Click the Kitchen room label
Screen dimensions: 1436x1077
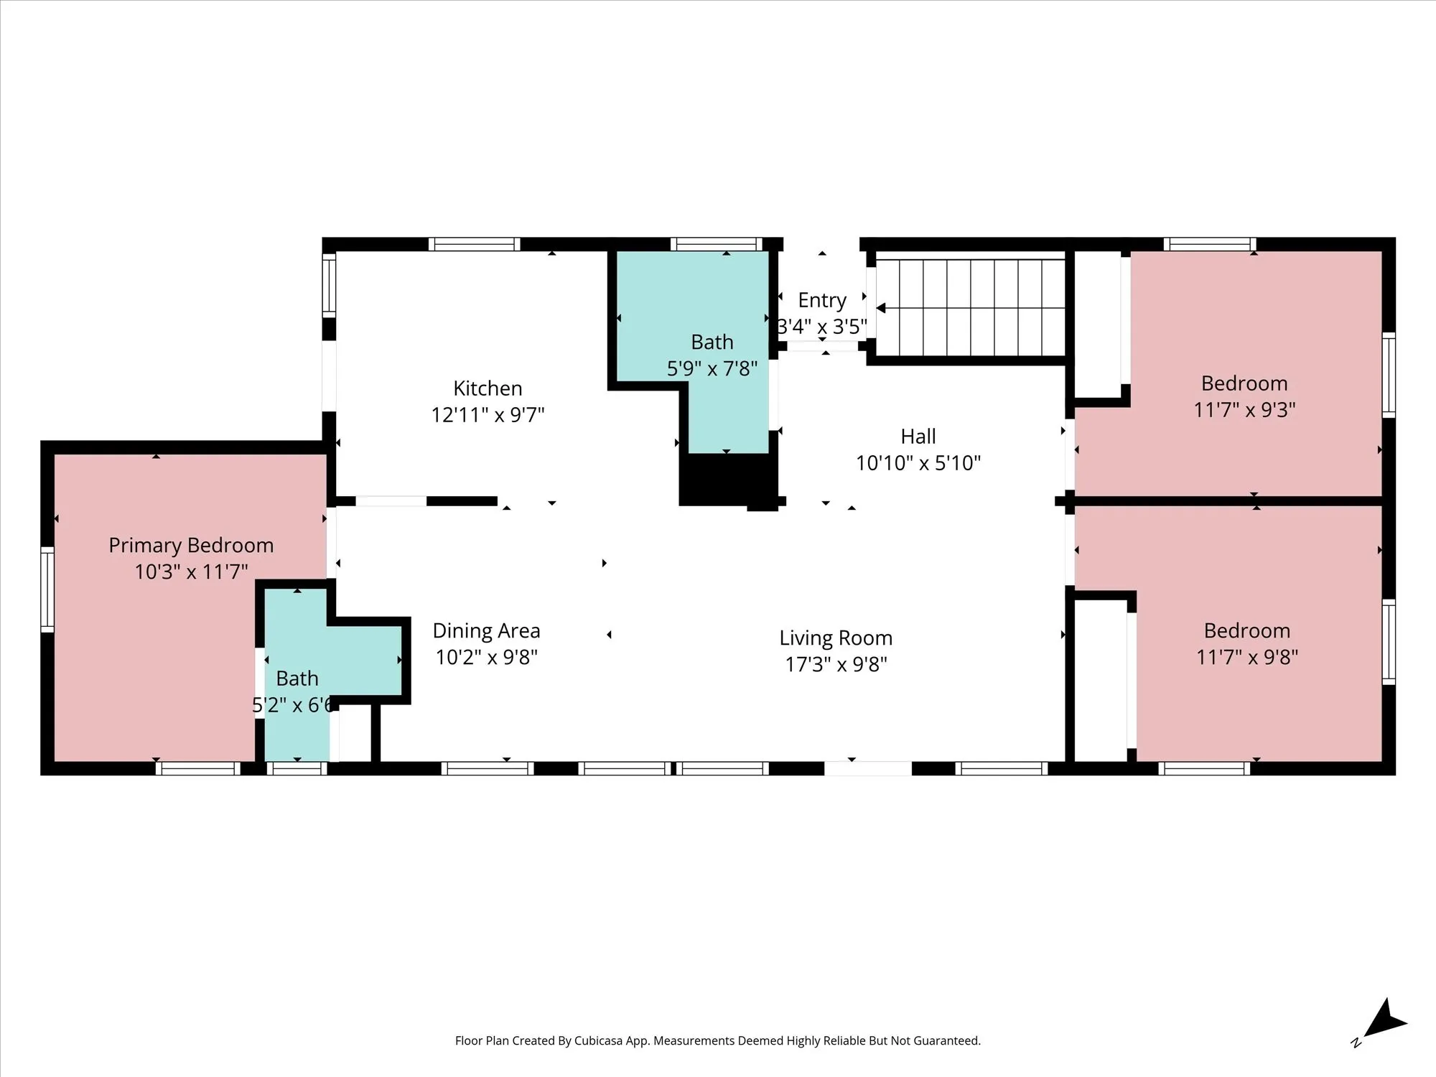[488, 388]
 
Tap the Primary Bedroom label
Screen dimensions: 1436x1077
[191, 546]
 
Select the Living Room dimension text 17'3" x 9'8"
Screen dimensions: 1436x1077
[836, 664]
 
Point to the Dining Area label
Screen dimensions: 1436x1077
[486, 631]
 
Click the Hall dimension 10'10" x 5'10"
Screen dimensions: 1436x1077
[918, 463]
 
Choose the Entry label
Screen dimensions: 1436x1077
[822, 300]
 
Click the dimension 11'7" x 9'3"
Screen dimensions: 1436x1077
[1244, 410]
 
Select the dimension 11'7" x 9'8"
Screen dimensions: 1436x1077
[1247, 657]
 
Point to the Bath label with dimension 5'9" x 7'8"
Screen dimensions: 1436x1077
[712, 342]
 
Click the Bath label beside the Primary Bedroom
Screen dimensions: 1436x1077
[297, 679]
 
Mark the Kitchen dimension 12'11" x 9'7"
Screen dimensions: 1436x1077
[488, 415]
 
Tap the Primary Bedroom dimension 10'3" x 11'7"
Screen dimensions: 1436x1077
[191, 572]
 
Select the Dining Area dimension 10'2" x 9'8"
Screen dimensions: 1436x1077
[486, 658]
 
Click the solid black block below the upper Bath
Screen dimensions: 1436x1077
[727, 480]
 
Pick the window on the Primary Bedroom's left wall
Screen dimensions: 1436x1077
[47, 589]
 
